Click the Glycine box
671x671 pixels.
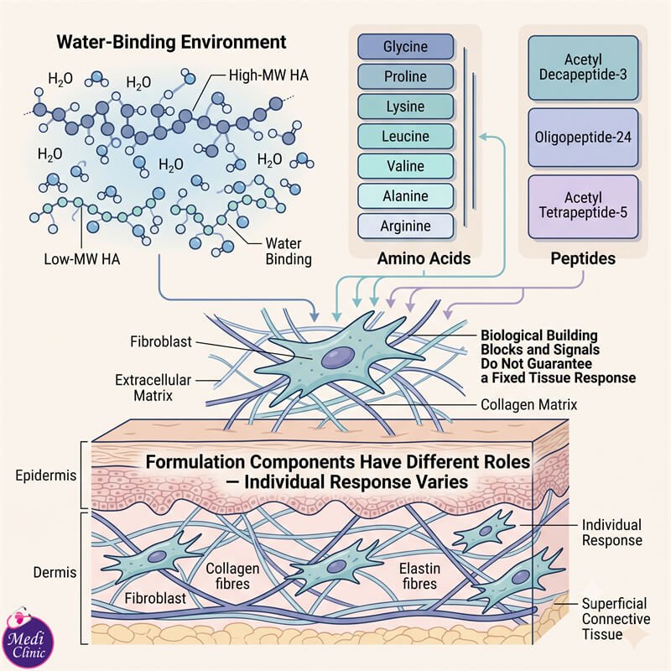point(405,47)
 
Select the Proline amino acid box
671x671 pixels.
point(405,76)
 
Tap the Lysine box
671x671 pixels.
point(405,107)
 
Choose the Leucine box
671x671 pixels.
point(405,137)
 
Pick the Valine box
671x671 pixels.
point(405,166)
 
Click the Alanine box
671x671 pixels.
point(405,196)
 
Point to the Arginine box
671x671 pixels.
point(405,226)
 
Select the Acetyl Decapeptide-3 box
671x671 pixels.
point(583,68)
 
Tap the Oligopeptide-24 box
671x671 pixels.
point(583,138)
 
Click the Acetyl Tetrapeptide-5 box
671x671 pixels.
point(583,206)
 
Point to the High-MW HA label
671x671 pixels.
point(268,75)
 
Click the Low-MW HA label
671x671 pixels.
point(81,259)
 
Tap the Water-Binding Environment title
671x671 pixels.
point(171,42)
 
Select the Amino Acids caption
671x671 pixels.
point(424,258)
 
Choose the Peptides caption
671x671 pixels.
point(583,258)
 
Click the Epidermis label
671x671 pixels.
point(46,476)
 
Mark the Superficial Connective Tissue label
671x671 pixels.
point(616,619)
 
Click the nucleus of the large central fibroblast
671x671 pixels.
point(338,357)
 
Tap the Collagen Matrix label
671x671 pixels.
point(529,404)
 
